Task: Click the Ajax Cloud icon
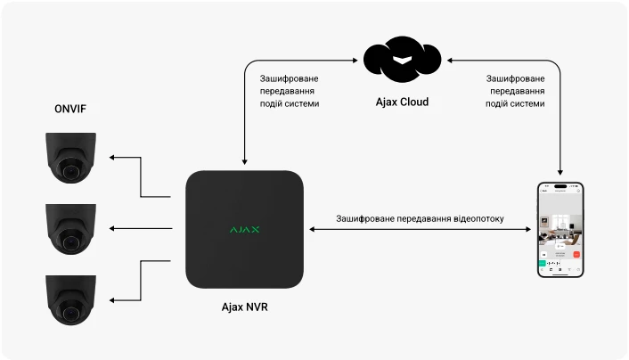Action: pos(403,58)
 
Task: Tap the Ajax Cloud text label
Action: pos(402,102)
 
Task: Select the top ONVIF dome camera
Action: pos(69,158)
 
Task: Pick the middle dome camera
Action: pos(69,228)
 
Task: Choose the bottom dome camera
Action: pos(69,299)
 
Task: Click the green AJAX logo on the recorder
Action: pos(244,229)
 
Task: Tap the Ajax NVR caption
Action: pos(244,307)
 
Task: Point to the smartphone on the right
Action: pos(560,230)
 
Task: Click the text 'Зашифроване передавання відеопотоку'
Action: pos(420,218)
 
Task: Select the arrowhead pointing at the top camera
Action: pos(111,158)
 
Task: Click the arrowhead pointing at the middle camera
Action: pos(111,229)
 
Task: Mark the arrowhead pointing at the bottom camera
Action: pos(111,300)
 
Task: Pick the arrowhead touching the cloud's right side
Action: pos(448,60)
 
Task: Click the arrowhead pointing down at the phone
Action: pos(560,172)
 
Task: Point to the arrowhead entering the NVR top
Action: pos(244,160)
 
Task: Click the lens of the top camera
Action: pos(68,167)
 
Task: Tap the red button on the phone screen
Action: pos(576,254)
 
